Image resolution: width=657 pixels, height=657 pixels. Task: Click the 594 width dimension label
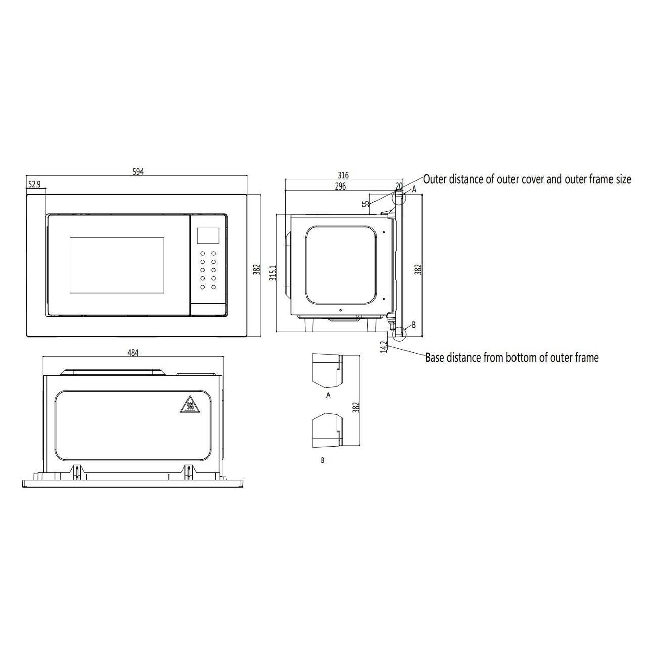pyautogui.click(x=138, y=172)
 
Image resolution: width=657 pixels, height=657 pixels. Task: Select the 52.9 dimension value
pyautogui.click(x=34, y=185)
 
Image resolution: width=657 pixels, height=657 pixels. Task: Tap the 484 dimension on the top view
pyautogui.click(x=132, y=353)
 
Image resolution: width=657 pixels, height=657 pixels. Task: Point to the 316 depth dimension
pyautogui.click(x=343, y=175)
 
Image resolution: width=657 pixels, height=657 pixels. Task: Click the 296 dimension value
pyautogui.click(x=340, y=186)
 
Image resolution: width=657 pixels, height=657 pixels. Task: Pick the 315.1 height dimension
pyautogui.click(x=273, y=273)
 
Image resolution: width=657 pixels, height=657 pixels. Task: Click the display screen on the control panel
pyautogui.click(x=208, y=234)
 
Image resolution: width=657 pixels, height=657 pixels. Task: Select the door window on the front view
pyautogui.click(x=117, y=265)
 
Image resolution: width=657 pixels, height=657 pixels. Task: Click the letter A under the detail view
pyautogui.click(x=328, y=395)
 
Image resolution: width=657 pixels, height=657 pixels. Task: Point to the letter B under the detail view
pyautogui.click(x=323, y=460)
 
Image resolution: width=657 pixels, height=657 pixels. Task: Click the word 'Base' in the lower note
pyautogui.click(x=435, y=358)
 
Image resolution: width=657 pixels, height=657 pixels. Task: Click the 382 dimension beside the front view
pyautogui.click(x=256, y=269)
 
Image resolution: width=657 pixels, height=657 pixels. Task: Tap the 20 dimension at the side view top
pyautogui.click(x=399, y=186)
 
